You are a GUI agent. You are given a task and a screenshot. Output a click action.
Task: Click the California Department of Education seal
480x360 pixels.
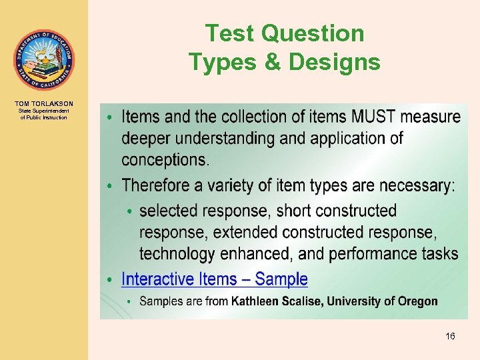tap(44, 61)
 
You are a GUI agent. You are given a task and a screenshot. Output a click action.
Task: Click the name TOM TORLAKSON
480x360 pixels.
tap(44, 104)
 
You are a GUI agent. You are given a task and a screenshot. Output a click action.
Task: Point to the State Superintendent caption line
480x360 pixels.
tap(44, 111)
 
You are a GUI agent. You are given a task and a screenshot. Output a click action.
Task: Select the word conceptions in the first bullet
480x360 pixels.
tap(164, 160)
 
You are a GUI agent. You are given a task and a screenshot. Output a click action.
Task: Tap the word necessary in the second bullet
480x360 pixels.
tap(413, 185)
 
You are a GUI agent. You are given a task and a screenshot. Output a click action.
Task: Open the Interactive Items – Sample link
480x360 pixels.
tap(215, 279)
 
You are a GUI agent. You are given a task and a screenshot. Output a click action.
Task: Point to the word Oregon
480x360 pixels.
tap(417, 301)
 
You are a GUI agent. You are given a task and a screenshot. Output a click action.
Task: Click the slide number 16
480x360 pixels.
tap(450, 337)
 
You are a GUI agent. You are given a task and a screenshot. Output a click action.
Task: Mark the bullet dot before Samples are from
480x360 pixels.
tap(130, 302)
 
